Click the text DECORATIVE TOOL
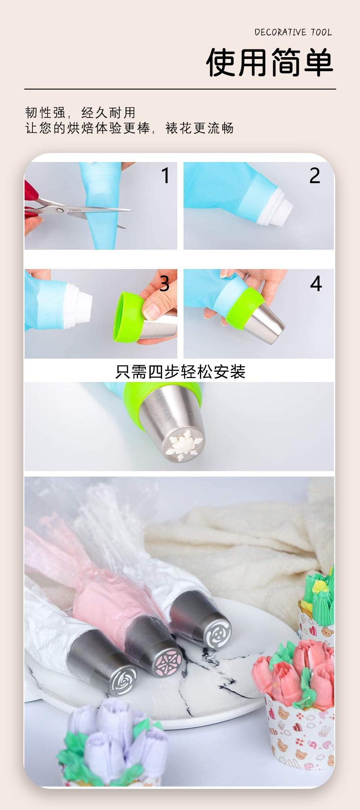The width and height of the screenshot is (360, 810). pyautogui.click(x=293, y=32)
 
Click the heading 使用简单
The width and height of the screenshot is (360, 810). pyautogui.click(x=270, y=63)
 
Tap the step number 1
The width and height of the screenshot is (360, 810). pyautogui.click(x=166, y=175)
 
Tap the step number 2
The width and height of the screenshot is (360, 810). pyautogui.click(x=315, y=175)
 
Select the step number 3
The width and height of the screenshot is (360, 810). pyautogui.click(x=164, y=283)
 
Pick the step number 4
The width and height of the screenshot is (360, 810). pyautogui.click(x=316, y=283)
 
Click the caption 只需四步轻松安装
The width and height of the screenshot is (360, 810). pyautogui.click(x=180, y=372)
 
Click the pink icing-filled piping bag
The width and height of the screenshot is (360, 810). pyautogui.click(x=101, y=603)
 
